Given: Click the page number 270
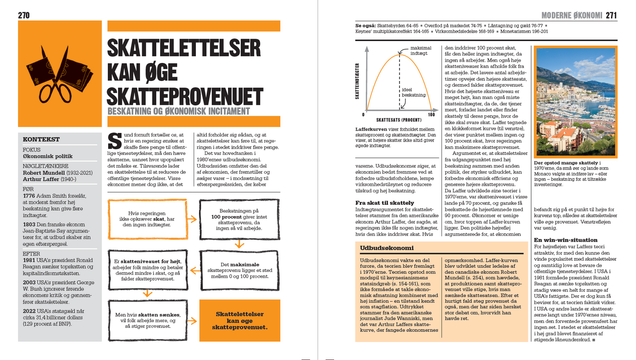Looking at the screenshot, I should click(24, 15).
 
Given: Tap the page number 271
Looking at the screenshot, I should click(611, 16).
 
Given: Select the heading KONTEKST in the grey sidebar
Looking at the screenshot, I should click(41, 140).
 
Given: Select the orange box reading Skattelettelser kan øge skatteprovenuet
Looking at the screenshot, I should click(239, 321).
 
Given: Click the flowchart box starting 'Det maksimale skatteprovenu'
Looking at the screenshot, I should click(239, 269).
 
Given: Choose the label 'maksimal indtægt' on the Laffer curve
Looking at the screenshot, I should click(420, 51).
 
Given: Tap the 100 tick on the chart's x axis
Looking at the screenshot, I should click(431, 115).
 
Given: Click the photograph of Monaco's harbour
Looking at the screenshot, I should click(576, 101).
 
